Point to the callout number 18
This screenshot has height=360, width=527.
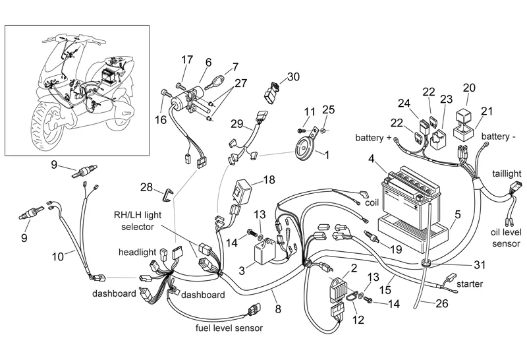coord(267,180)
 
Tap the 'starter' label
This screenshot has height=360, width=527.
coord(468,284)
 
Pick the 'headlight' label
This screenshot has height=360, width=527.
coord(138,253)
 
